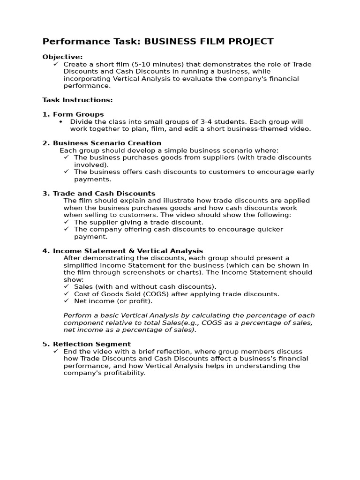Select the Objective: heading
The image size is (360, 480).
[x=62, y=57]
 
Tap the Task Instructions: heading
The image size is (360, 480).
[x=77, y=100]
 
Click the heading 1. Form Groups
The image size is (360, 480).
[x=73, y=114]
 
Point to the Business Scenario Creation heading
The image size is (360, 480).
[x=107, y=143]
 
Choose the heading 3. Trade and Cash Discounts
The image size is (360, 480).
[x=99, y=194]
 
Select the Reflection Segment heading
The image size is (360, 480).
[x=92, y=344]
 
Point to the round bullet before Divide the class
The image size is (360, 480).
[x=60, y=122]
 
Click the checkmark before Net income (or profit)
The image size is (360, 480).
[x=66, y=301]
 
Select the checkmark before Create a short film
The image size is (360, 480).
[x=56, y=64]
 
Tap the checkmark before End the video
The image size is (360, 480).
[x=56, y=352]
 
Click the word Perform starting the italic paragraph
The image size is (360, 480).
[x=77, y=315]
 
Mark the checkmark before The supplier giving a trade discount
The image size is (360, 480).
[x=66, y=222]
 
